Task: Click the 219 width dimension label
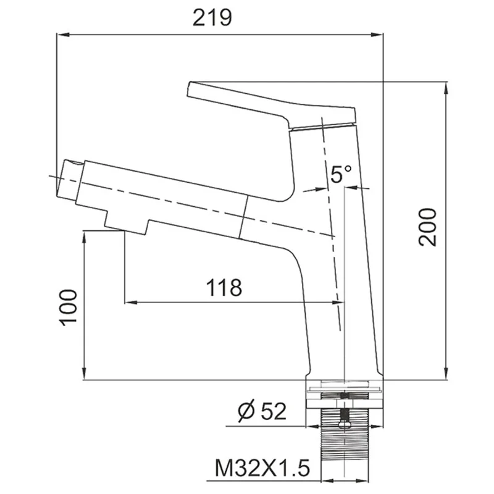[x=212, y=18]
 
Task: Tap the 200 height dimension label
[x=427, y=227]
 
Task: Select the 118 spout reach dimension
[x=224, y=287]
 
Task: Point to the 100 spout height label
[x=68, y=308]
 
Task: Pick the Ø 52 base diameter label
[x=262, y=411]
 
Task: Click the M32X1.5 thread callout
[x=262, y=468]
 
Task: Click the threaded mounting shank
[x=345, y=450]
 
